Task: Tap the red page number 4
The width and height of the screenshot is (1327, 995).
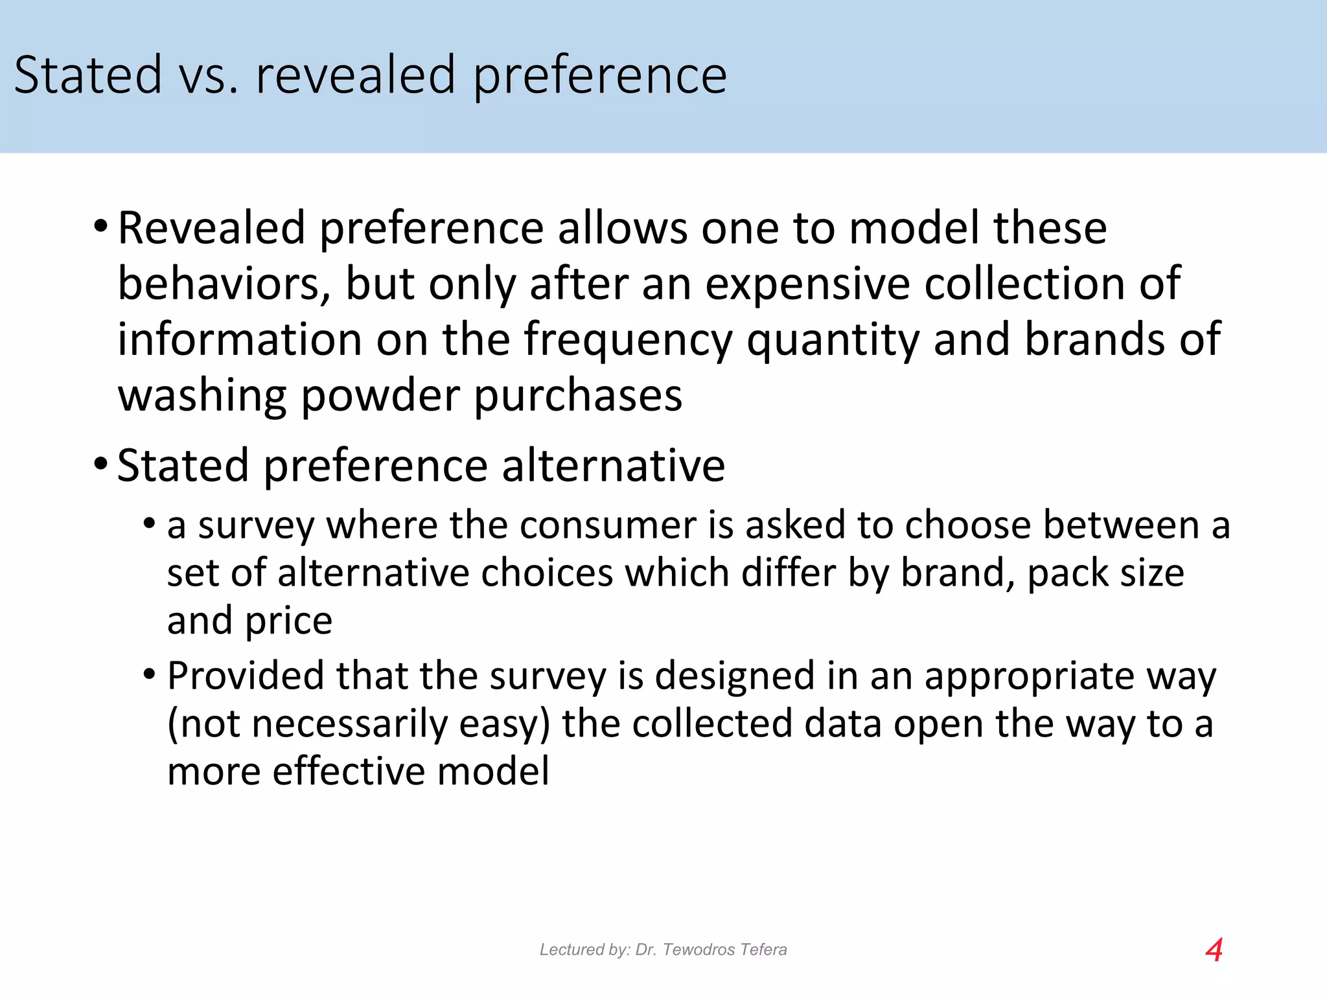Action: pyautogui.click(x=1214, y=950)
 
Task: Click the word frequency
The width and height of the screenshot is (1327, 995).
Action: pyautogui.click(x=628, y=340)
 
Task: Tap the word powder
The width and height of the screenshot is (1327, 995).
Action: pyautogui.click(x=380, y=396)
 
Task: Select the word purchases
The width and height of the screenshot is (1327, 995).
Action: pyautogui.click(x=578, y=396)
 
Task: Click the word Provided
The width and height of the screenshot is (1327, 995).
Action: pyautogui.click(x=246, y=676)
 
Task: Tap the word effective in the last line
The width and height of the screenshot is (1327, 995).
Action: pyautogui.click(x=347, y=772)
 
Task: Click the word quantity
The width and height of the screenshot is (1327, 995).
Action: pyautogui.click(x=833, y=340)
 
